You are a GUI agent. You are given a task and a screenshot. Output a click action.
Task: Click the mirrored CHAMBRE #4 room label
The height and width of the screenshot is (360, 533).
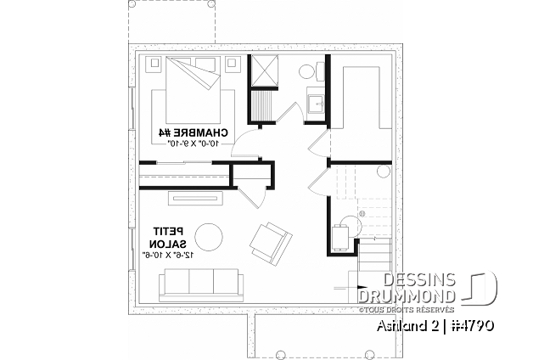coord(194,132)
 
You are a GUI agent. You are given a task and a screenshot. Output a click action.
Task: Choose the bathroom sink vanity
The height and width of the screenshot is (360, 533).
coord(316,104)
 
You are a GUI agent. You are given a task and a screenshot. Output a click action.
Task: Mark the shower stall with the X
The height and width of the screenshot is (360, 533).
coord(265,69)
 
